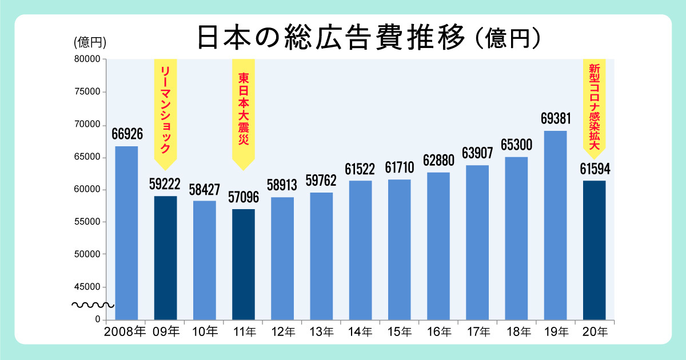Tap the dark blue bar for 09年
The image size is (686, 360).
[x=165, y=257]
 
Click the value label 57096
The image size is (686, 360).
[x=243, y=198]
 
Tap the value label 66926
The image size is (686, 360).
[x=127, y=134]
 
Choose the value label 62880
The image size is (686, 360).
[x=438, y=161]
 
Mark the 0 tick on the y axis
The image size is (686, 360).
[x=98, y=319]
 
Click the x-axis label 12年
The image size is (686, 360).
[x=282, y=331]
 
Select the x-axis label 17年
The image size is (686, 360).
[x=477, y=331]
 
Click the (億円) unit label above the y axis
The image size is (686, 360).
[x=90, y=42]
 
